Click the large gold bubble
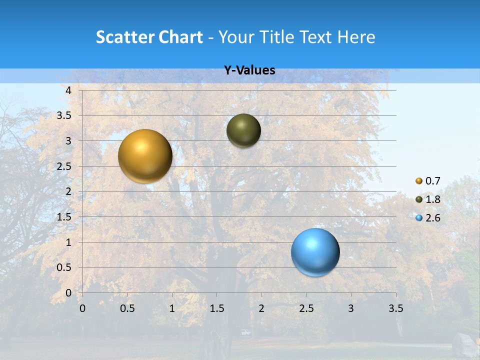point(145,156)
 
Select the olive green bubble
point(243,130)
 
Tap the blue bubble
point(315,252)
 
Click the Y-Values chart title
point(249,70)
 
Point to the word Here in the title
point(356,37)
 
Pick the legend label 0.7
point(432,181)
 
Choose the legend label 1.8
point(432,199)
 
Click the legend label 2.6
point(432,218)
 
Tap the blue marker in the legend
point(419,218)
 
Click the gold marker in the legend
point(419,181)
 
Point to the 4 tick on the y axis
point(69,90)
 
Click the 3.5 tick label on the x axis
point(395,308)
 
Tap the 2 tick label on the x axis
point(261,308)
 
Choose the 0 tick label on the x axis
point(82,308)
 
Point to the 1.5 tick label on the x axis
point(216,308)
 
